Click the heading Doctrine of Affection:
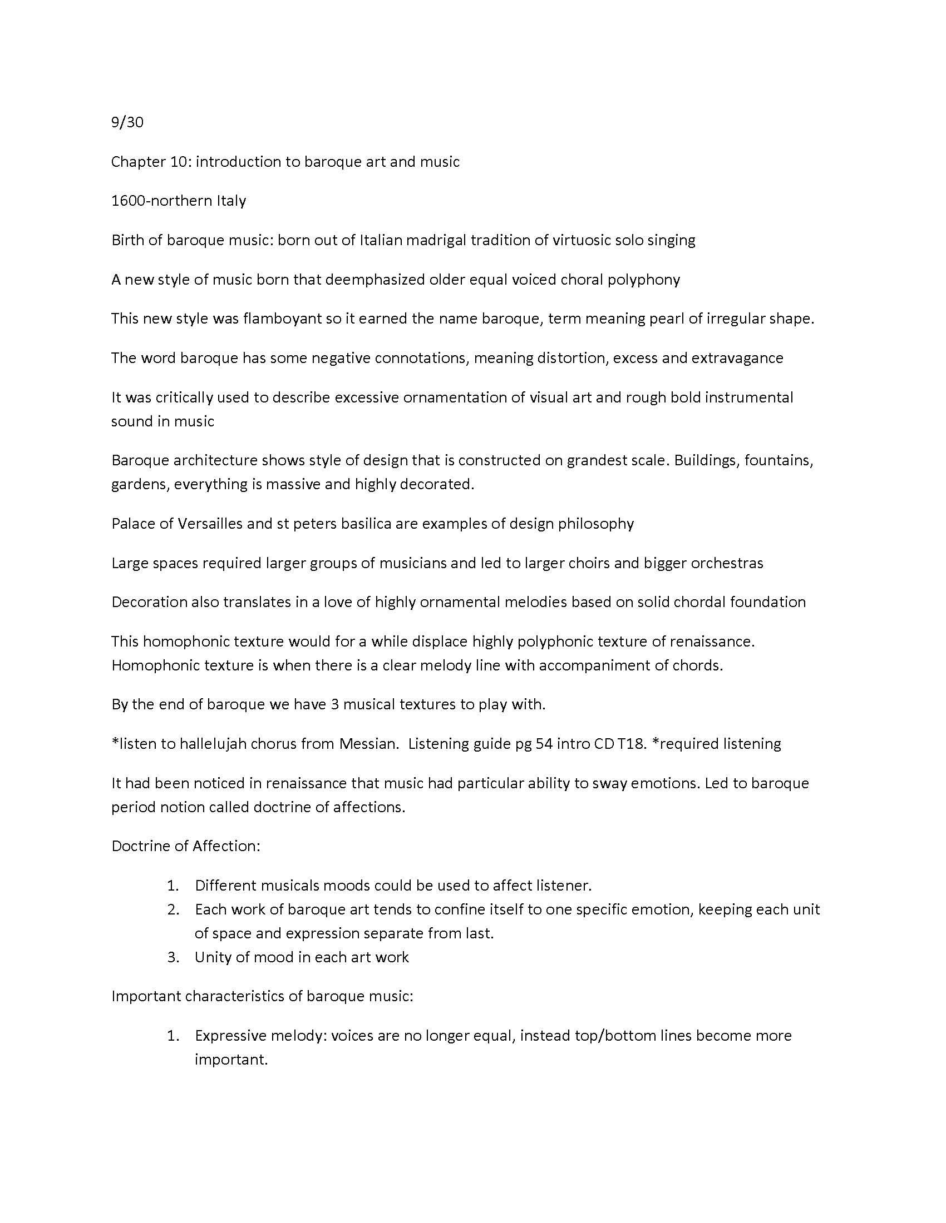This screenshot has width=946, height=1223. click(x=186, y=846)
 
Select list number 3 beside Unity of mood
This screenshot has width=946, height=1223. click(x=173, y=957)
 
